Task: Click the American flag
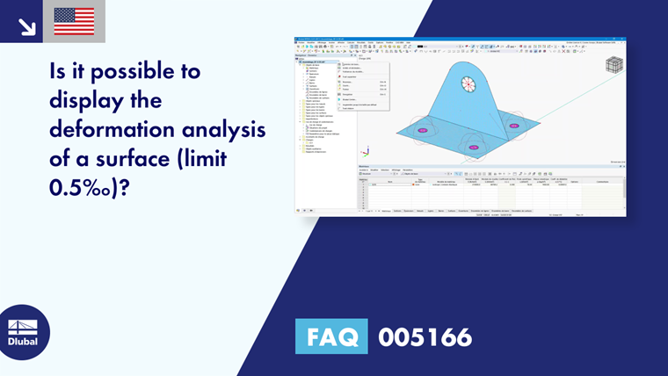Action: tap(74, 21)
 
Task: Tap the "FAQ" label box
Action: tap(331, 336)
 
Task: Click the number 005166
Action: tap(425, 336)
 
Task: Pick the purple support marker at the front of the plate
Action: tap(474, 147)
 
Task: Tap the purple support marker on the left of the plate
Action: tap(423, 130)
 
